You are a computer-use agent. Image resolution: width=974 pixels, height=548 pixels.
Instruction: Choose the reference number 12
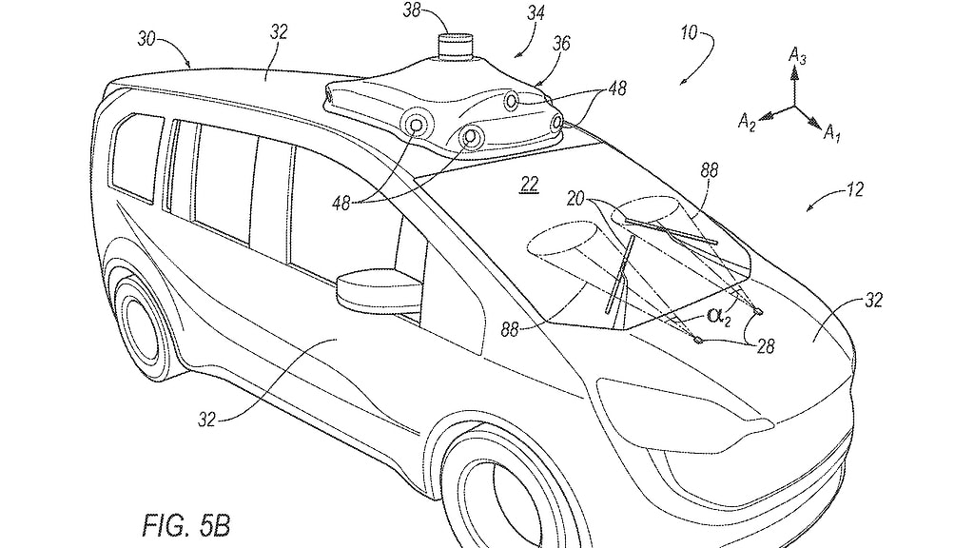pyautogui.click(x=852, y=189)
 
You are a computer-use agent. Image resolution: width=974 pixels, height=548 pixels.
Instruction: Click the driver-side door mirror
pyautogui.click(x=378, y=289)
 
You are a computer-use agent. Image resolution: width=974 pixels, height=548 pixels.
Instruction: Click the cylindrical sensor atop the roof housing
pyautogui.click(x=458, y=48)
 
